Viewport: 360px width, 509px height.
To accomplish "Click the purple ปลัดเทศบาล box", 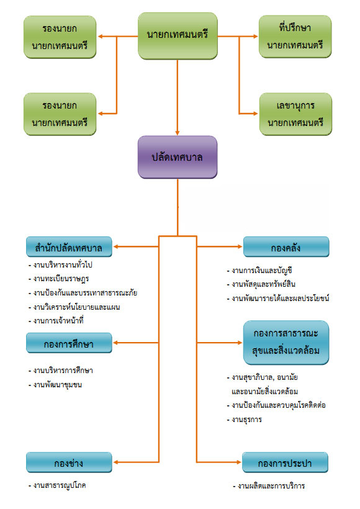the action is click(x=178, y=157).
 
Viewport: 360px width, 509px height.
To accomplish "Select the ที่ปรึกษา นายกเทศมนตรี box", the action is click(x=295, y=37).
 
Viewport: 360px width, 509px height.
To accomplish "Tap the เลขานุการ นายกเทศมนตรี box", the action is click(x=295, y=114).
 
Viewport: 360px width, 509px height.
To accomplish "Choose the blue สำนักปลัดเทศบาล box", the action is click(x=69, y=247).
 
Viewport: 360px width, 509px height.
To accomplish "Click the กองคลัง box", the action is click(x=286, y=247).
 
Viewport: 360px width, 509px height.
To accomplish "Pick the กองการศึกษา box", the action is click(x=69, y=343).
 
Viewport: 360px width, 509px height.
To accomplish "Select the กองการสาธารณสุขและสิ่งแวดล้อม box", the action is click(x=286, y=343).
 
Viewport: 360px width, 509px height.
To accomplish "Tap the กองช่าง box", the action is click(x=69, y=462).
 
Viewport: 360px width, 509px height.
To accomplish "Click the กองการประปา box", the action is click(x=285, y=462).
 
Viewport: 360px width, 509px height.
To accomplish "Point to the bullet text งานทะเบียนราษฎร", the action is click(x=59, y=279).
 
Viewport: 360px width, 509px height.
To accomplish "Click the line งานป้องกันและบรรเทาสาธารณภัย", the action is click(x=83, y=293).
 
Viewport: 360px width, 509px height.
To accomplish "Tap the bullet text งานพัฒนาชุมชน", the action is click(x=55, y=385).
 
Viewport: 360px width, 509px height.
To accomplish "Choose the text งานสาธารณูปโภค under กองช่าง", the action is click(x=57, y=485).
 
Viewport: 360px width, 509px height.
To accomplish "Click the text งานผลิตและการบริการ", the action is click(x=269, y=486).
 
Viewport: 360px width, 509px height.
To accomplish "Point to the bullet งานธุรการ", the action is click(x=245, y=420).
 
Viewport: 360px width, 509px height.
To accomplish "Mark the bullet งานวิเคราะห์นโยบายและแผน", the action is click(x=74, y=307).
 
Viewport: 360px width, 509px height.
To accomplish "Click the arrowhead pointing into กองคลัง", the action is click(x=240, y=246).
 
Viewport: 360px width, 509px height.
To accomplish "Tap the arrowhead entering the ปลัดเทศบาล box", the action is click(x=178, y=133).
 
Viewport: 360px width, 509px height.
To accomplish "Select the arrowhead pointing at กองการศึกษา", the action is click(x=115, y=343).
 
